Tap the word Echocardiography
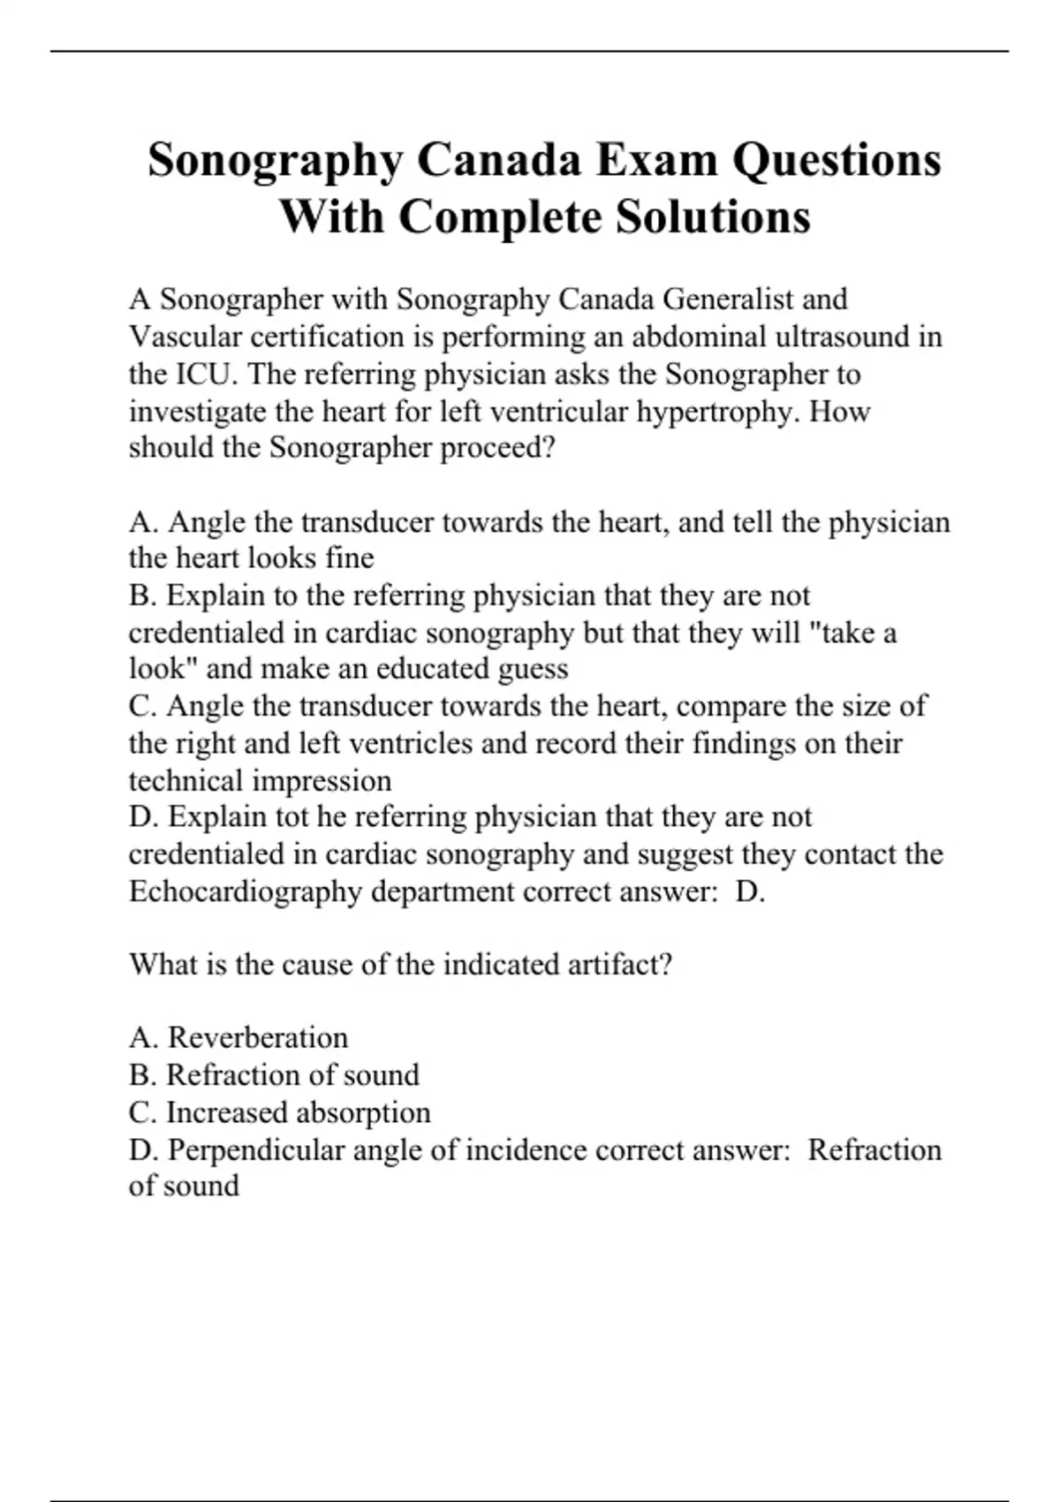point(245,891)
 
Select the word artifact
point(615,964)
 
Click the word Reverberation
point(257,1037)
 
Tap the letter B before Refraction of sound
point(140,1074)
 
